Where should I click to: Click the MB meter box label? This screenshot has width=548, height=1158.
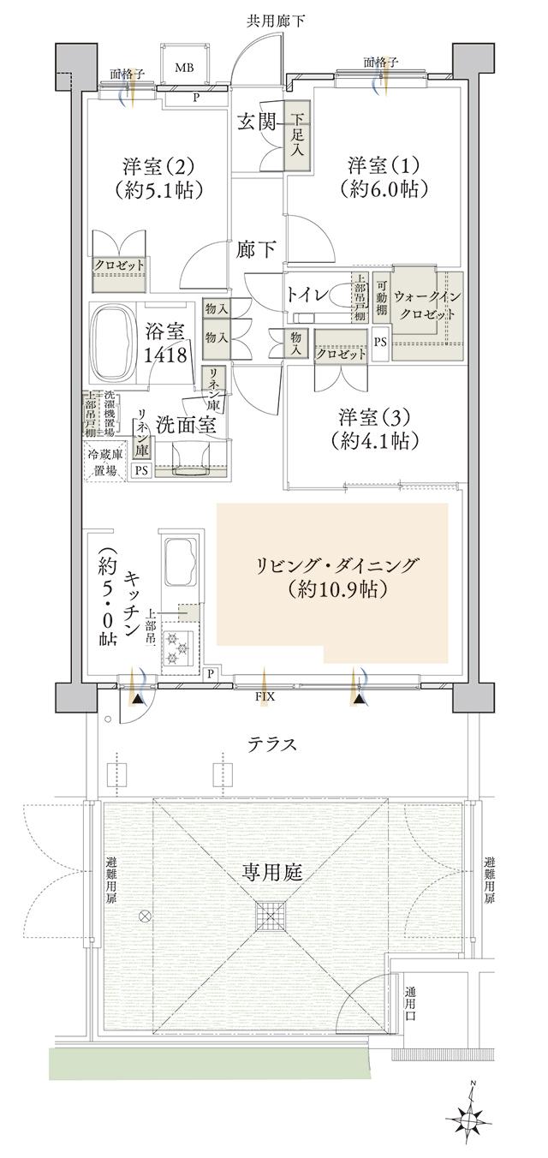point(185,68)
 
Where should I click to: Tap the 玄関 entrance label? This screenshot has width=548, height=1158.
point(255,122)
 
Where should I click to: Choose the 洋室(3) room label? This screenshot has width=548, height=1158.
point(377,417)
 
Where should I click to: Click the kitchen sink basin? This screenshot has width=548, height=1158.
point(181,559)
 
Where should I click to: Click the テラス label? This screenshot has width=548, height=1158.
point(272,745)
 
